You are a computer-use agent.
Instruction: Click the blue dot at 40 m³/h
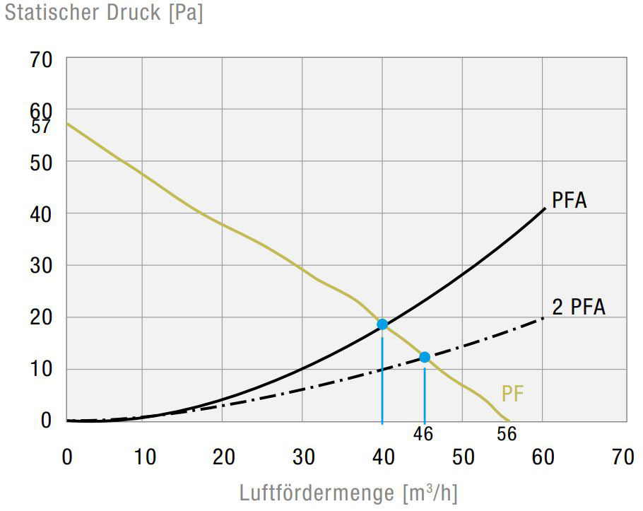click(x=382, y=324)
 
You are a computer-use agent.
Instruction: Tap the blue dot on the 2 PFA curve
click(x=425, y=357)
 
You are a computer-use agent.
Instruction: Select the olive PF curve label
click(x=513, y=394)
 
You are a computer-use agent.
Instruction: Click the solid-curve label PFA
click(x=569, y=201)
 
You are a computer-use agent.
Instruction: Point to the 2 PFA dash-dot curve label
click(x=579, y=307)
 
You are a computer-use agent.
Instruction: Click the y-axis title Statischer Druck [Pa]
click(x=104, y=13)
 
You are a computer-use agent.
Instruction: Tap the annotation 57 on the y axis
click(x=42, y=127)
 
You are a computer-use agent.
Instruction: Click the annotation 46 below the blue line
click(x=423, y=433)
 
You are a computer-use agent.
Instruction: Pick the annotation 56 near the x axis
click(x=507, y=434)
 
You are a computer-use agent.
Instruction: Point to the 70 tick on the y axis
click(x=42, y=60)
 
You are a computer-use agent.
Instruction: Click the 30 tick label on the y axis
click(x=42, y=266)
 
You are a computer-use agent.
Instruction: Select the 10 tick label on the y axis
click(x=42, y=370)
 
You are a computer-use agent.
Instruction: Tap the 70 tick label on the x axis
click(x=623, y=457)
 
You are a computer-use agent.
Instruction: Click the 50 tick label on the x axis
click(x=463, y=457)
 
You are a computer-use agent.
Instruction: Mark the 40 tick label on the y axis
click(x=42, y=213)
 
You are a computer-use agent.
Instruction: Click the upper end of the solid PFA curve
click(x=545, y=208)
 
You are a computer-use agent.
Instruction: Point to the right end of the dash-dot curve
click(x=543, y=318)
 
